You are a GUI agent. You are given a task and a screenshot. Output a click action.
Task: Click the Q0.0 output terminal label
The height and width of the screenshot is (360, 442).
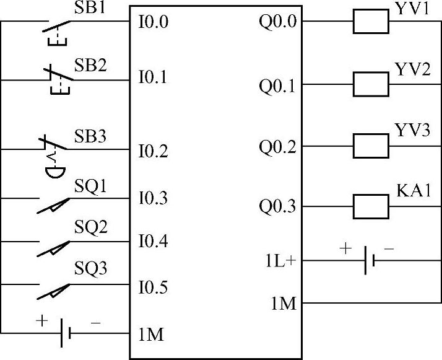278,23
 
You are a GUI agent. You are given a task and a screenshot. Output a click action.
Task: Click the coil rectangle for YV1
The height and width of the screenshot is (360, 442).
371,23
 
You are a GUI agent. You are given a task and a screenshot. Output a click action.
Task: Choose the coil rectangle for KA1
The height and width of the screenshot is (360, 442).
371,206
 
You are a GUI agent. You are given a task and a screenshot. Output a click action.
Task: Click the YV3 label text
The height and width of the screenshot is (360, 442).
412,130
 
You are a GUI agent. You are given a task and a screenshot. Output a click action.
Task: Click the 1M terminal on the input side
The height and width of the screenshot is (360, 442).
151,335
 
